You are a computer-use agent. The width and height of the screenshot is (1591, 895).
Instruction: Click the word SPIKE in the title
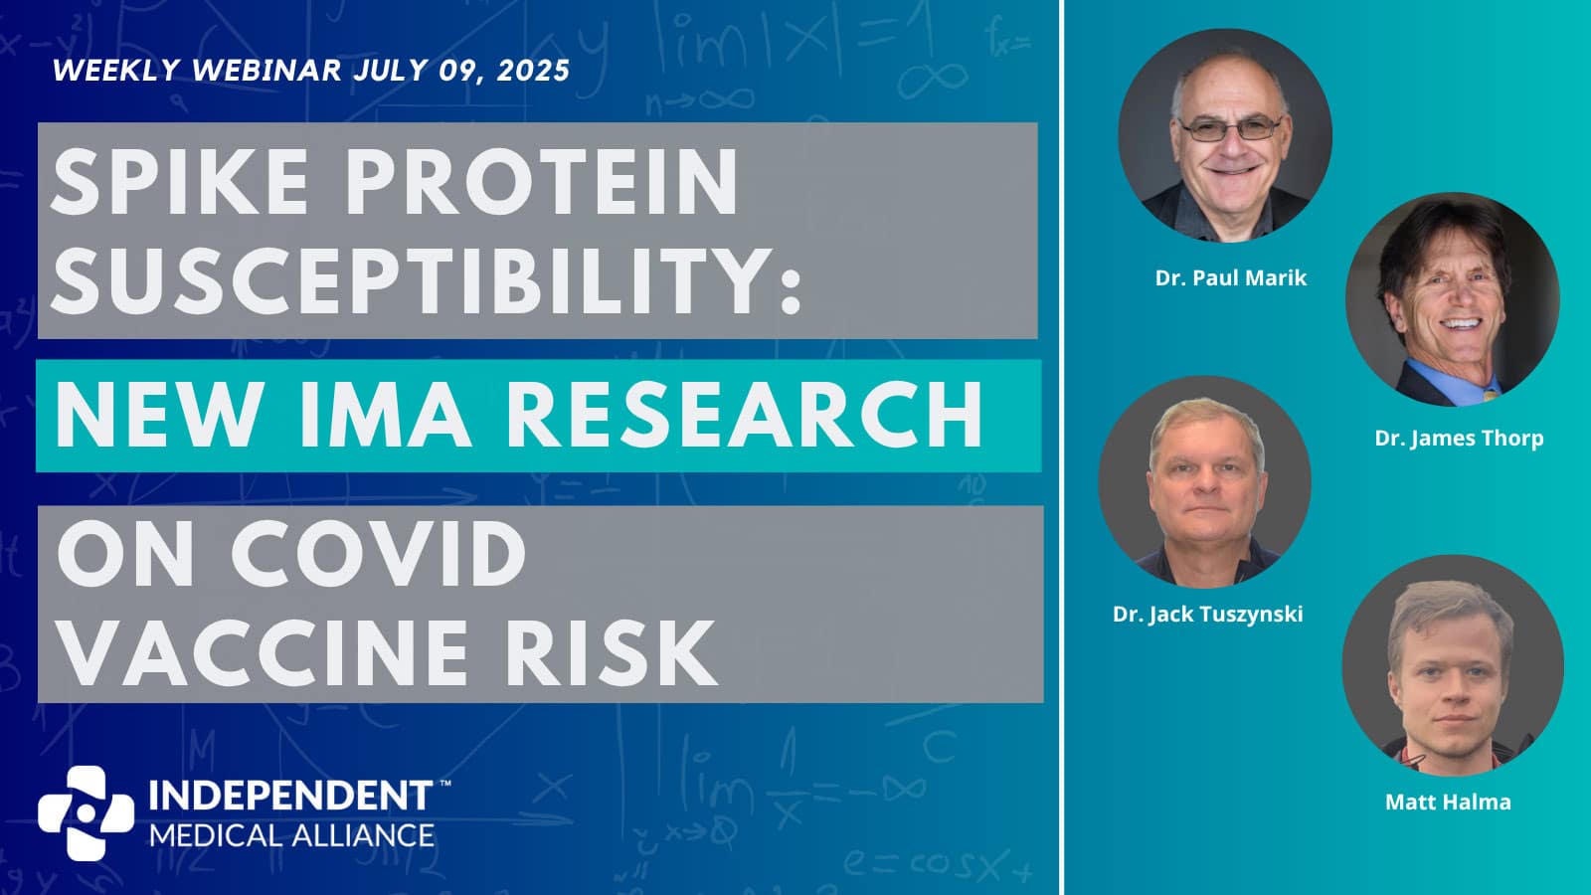tap(179, 182)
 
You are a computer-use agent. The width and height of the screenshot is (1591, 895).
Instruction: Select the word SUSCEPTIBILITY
tap(427, 279)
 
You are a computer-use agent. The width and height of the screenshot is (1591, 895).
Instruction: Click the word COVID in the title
tap(379, 553)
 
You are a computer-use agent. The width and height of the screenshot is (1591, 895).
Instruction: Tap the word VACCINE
tap(264, 652)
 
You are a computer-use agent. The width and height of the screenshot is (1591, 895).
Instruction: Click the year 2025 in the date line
tap(533, 71)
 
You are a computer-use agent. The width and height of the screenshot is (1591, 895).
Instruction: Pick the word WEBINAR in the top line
tap(267, 71)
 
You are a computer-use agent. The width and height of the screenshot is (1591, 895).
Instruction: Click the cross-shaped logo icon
tap(86, 812)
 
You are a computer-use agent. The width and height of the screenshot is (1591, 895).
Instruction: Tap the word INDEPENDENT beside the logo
tap(290, 796)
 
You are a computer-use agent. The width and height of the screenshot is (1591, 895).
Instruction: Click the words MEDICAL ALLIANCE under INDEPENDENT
tap(292, 835)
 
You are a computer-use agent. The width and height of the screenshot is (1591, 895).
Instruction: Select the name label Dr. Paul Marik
tap(1231, 277)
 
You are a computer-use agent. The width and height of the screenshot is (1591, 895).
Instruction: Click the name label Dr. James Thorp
tap(1459, 439)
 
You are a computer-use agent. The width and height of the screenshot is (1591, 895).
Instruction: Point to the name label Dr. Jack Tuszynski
tap(1207, 615)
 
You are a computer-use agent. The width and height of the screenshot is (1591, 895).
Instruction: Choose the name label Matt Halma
tap(1448, 802)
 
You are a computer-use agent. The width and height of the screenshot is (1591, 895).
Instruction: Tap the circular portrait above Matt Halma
tap(1453, 665)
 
